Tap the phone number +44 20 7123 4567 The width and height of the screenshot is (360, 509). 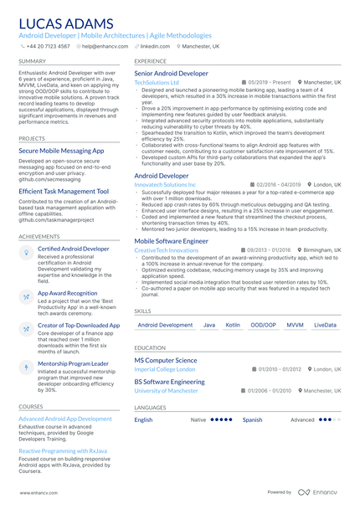pyautogui.click(x=48, y=47)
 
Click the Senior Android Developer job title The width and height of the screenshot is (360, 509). pyautogui.click(x=172, y=74)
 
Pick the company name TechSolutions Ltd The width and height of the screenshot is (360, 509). pyautogui.click(x=157, y=83)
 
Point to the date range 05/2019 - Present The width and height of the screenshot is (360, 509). pyautogui.click(x=269, y=83)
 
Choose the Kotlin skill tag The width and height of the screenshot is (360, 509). pyautogui.click(x=233, y=325)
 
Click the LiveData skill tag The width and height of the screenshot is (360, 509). pyautogui.click(x=325, y=325)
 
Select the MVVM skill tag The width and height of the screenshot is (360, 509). pyautogui.click(x=295, y=325)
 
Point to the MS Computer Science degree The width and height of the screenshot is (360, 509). pyautogui.click(x=166, y=361)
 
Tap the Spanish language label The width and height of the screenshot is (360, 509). pyautogui.click(x=252, y=419)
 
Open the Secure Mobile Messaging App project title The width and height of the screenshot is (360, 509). pyautogui.click(x=61, y=151)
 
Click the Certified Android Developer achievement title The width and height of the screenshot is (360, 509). pyautogui.click(x=73, y=249)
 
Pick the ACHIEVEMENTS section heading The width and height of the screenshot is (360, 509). pyautogui.click(x=39, y=236)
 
